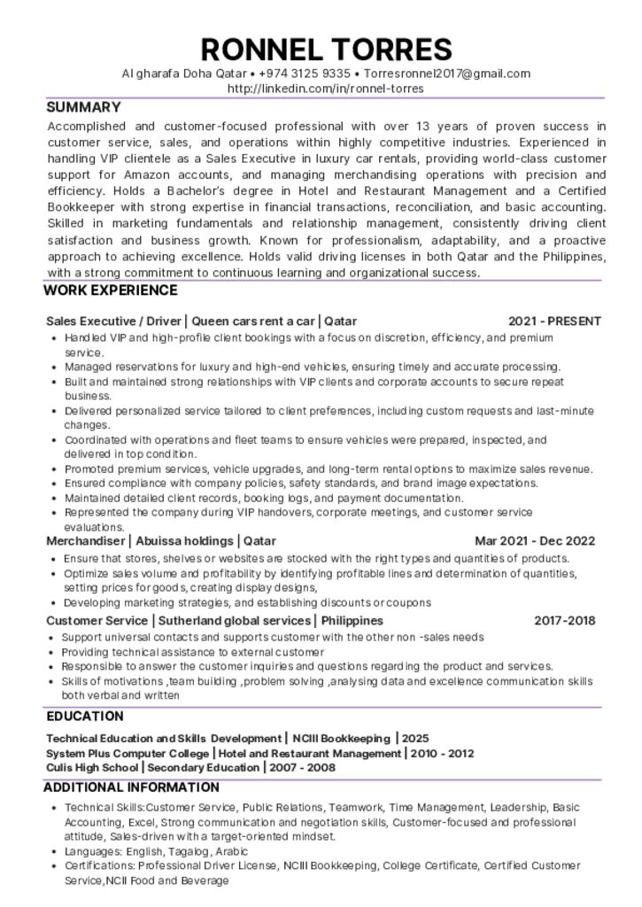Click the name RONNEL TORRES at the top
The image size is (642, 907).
coord(326,48)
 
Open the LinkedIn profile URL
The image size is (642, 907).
coord(326,89)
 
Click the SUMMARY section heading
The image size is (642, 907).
coord(83,107)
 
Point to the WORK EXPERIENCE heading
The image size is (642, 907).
coord(110,291)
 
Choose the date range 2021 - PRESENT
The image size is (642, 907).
coord(554,322)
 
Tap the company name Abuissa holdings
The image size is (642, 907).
coord(185,541)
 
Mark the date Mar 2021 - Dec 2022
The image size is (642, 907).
coord(535,541)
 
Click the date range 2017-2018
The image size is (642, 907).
coord(564,621)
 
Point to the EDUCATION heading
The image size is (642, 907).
coord(85,716)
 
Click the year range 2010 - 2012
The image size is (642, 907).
coord(443,753)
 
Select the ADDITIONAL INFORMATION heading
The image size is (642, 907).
coord(131,787)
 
